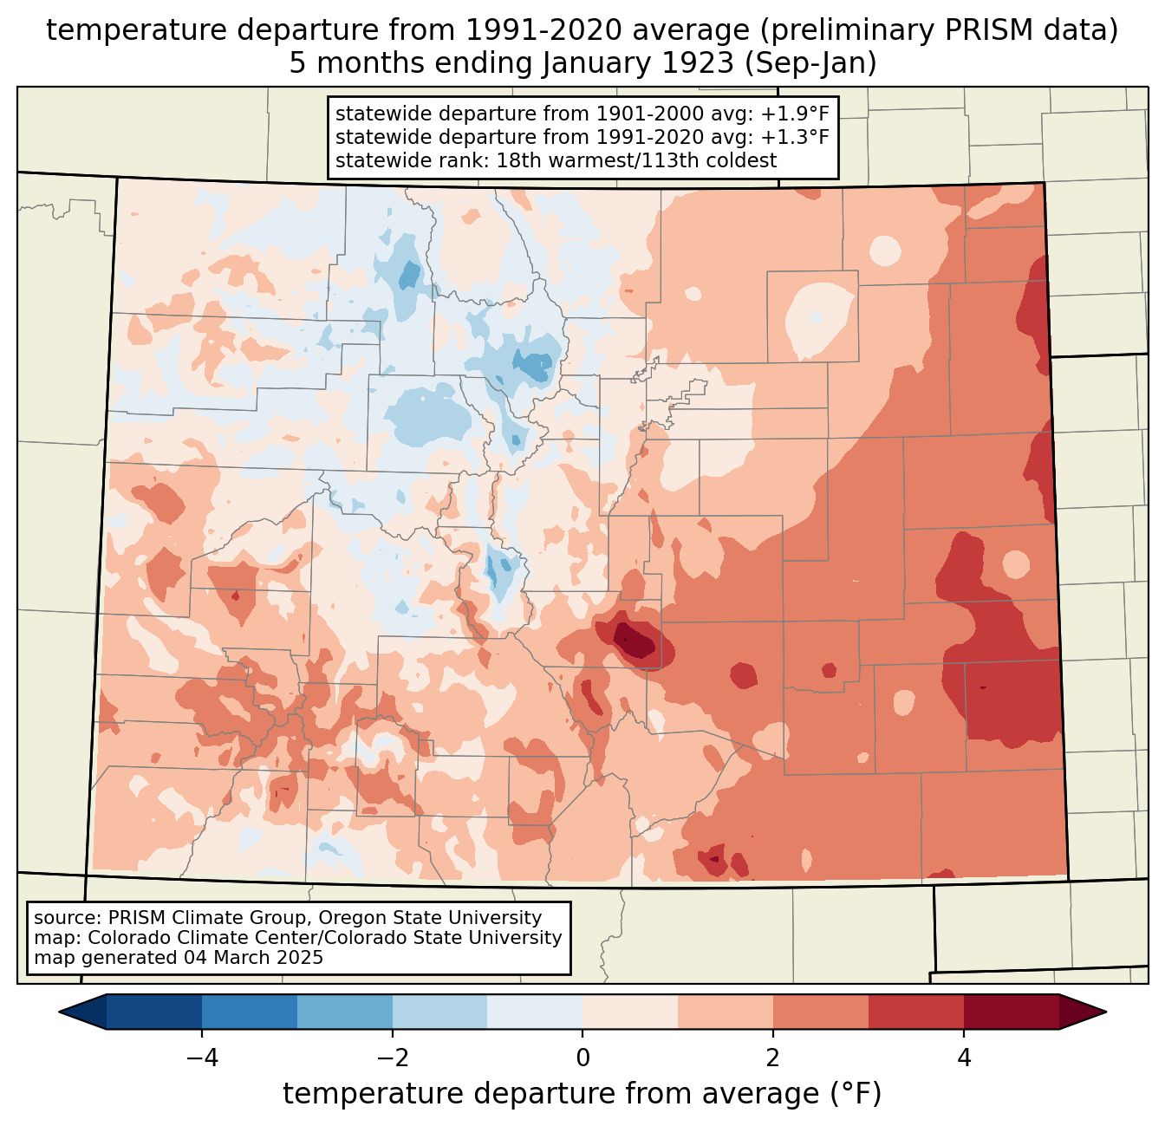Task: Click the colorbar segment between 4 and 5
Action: tap(1011, 1012)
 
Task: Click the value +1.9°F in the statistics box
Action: tap(795, 114)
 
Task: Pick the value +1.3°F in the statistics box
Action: tap(795, 137)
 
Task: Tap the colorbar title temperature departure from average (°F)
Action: tap(582, 1094)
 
